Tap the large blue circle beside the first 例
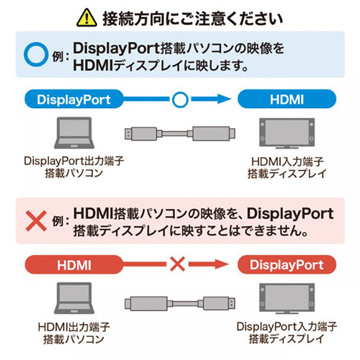35,55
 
